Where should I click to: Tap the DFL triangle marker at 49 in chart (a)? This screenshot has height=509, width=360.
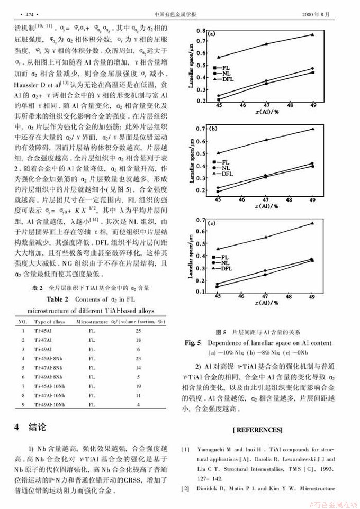point(312,35)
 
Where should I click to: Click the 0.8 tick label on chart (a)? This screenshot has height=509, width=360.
point(201,31)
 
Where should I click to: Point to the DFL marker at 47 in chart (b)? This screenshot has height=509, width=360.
point(266,140)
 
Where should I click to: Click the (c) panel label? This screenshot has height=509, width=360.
point(212,224)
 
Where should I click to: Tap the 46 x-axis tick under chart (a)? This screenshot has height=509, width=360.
point(242,105)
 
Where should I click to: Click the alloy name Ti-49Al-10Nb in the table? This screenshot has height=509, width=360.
point(50,405)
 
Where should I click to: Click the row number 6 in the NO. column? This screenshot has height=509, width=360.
point(23,377)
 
